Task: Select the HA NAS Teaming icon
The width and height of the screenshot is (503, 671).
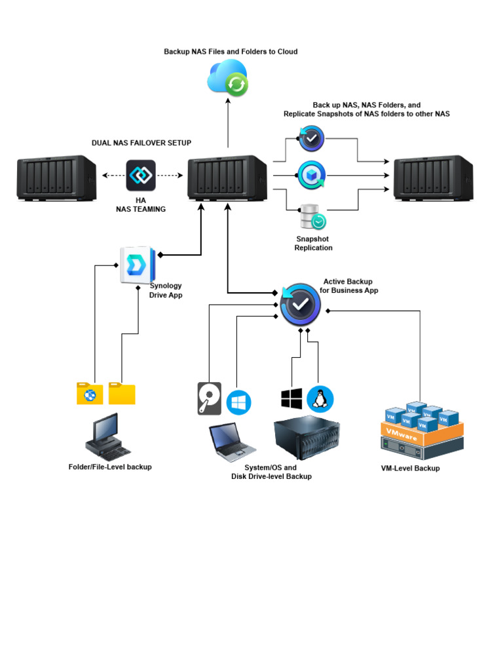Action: click(x=141, y=175)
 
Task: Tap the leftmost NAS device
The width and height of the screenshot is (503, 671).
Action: click(x=56, y=178)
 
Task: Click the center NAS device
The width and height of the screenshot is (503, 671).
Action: click(x=227, y=178)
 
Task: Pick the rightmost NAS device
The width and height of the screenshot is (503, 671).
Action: click(x=433, y=178)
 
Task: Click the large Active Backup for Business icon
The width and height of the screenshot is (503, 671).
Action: click(x=300, y=304)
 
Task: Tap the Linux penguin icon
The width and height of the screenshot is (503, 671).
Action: click(x=320, y=398)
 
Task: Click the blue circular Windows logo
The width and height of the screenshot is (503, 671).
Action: click(x=239, y=402)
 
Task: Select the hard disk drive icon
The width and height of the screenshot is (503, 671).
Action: click(x=210, y=398)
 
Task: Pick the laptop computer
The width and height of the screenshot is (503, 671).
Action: click(x=231, y=442)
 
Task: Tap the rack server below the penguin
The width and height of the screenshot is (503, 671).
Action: click(x=307, y=437)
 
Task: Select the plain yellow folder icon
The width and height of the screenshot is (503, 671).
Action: click(x=122, y=393)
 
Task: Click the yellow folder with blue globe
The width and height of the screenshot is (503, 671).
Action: click(x=90, y=393)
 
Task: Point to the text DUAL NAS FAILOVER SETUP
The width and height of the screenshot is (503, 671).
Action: click(x=141, y=142)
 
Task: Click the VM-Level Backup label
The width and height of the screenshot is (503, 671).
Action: click(x=410, y=469)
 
